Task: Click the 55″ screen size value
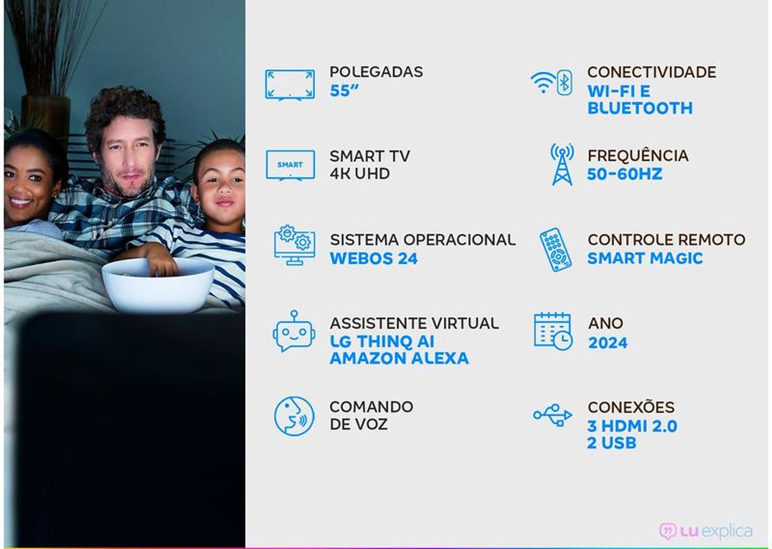[x=344, y=91]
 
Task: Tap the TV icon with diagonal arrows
[x=289, y=84]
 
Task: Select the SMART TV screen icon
[x=290, y=165]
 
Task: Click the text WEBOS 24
[x=373, y=259]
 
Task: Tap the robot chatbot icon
[x=294, y=332]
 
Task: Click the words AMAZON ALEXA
[x=399, y=358]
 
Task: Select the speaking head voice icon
[x=294, y=416]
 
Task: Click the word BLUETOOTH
[x=640, y=108]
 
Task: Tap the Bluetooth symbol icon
[x=564, y=83]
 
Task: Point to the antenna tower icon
[x=562, y=165]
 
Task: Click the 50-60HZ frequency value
[x=624, y=174]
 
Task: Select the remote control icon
[x=555, y=249]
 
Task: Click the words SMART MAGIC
[x=645, y=259]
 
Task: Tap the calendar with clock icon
[x=553, y=332]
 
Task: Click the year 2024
[x=607, y=343]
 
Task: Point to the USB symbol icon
[x=553, y=415]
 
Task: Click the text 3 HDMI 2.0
[x=632, y=426]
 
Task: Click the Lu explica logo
[x=705, y=531]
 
